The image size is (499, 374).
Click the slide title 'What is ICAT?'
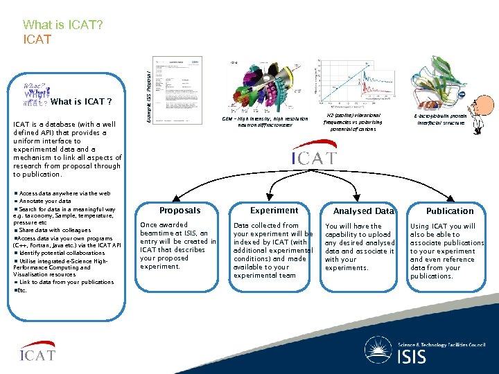pos(63,25)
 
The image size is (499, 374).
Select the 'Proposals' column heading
pos(180,211)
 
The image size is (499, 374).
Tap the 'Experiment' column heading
pos(274,211)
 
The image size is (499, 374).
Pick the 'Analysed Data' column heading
pos(363,211)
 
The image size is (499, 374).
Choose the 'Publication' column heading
pos(450,211)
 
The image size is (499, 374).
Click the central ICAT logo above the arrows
pos(313,155)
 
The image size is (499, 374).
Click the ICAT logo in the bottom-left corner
pos(37,353)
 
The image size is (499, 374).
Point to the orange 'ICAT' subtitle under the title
pos(37,40)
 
